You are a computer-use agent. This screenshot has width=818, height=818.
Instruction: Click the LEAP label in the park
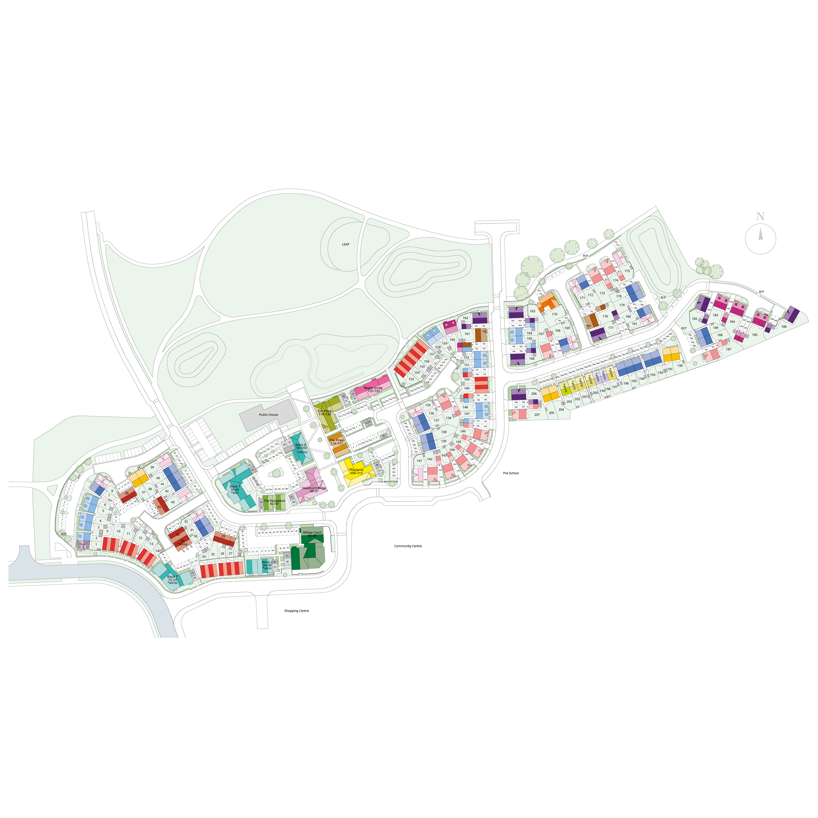tap(345, 244)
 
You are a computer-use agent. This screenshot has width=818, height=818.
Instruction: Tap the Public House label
tap(269, 415)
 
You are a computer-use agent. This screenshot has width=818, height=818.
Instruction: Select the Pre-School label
tap(511, 473)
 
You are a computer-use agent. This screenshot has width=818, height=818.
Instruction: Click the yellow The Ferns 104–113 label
tap(356, 471)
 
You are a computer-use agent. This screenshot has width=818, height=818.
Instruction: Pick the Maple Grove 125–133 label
tap(373, 389)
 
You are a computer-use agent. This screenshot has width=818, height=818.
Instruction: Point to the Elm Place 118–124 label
tap(325, 412)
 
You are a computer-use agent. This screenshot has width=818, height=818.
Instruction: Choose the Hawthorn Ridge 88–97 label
tap(314, 489)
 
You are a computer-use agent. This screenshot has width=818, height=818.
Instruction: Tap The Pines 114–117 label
tap(337, 441)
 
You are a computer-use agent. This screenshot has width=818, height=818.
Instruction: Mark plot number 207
tap(537, 415)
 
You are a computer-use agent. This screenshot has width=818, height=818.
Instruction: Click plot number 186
tap(784, 326)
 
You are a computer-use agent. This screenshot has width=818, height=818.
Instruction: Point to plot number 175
tap(627, 271)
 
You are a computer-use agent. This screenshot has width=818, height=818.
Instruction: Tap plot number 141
tap(419, 461)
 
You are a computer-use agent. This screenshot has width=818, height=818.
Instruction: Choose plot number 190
tap(680, 365)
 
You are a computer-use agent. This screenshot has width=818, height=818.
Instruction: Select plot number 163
tap(532, 311)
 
